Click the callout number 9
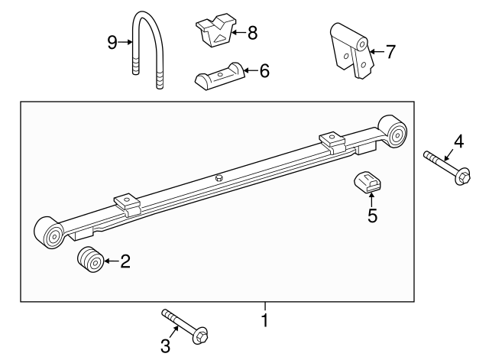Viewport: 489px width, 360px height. pos(112,42)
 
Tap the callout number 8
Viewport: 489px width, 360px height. pos(253,32)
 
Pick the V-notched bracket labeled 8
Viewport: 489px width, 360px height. pos(215,31)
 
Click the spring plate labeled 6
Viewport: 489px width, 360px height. pos(219,76)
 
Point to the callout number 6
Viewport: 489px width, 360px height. pos(264,71)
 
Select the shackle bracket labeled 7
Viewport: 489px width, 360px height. pos(351,50)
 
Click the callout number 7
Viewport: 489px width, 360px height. pos(391,51)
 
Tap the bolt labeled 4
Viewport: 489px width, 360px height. pos(446,168)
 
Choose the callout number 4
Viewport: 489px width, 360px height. pos(458,141)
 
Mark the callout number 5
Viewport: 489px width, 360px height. pos(372,216)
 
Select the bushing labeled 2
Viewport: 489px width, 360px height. pos(90,260)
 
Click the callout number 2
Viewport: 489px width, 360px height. pos(125,261)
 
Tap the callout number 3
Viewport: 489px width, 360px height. pos(165,345)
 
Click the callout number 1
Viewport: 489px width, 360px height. pos(265,320)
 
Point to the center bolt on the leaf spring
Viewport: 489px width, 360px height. pos(219,178)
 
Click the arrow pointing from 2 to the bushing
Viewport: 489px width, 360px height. pos(112,261)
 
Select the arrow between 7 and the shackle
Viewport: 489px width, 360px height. pos(377,51)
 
